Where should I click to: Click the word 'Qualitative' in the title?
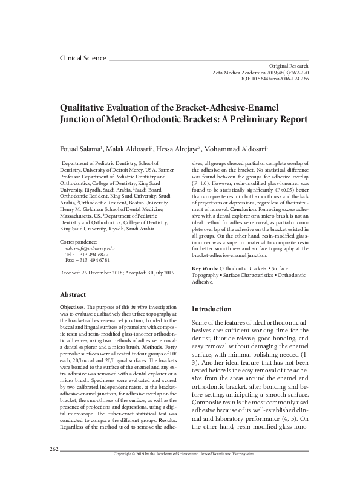(x=90, y=107)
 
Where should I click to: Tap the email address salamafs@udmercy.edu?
(x=90, y=248)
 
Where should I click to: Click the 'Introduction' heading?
(x=211, y=309)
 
